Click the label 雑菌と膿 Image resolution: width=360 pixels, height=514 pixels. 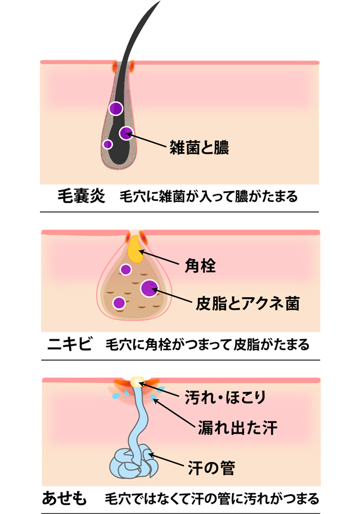coord(199,148)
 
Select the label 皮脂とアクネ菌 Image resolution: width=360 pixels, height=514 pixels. coord(247,304)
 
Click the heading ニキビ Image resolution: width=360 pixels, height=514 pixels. coord(69,344)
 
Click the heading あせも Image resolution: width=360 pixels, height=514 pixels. coord(65,498)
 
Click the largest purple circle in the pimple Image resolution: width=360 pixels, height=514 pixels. coord(149,288)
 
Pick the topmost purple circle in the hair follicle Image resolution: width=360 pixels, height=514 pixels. coord(116,108)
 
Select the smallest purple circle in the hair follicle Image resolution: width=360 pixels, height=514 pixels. coord(107,144)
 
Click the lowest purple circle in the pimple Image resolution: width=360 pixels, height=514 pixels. coord(119,303)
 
